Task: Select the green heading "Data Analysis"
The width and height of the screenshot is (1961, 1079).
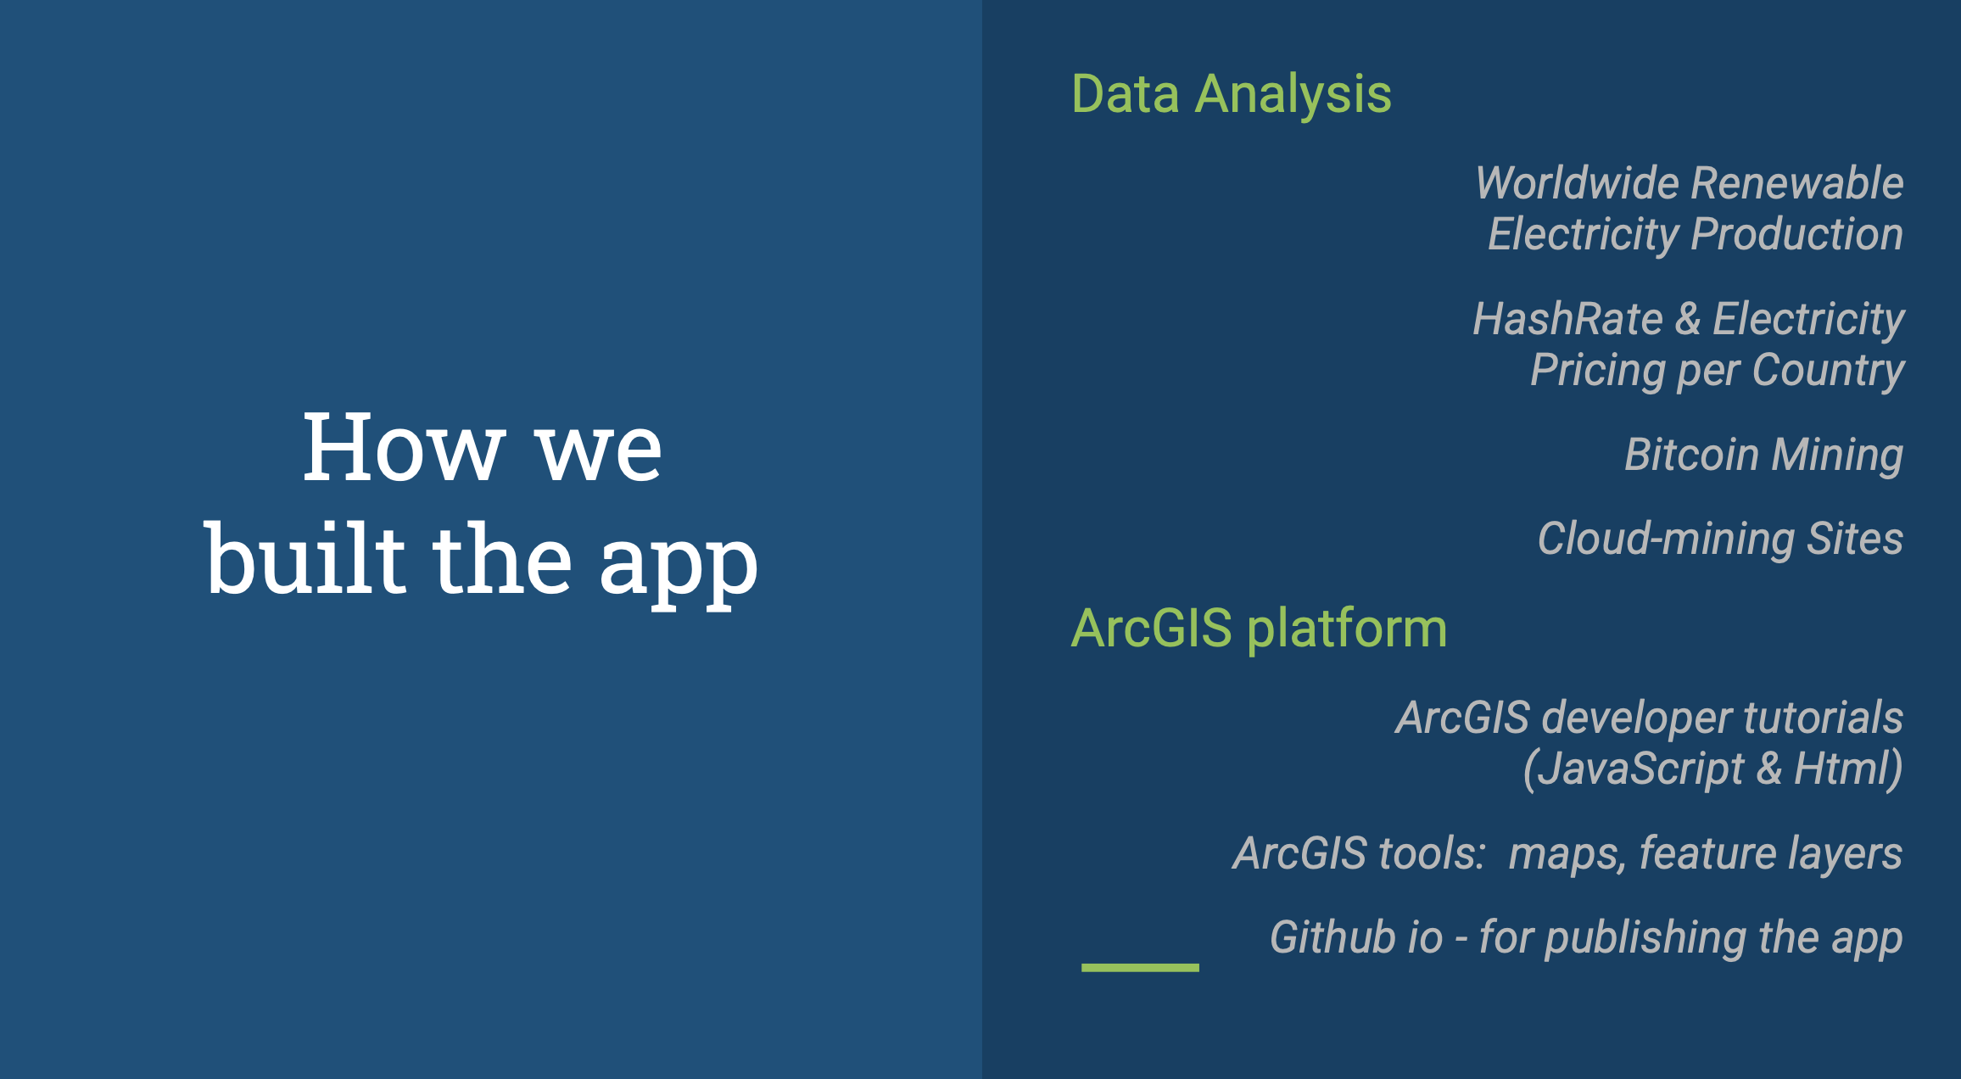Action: coord(1232,95)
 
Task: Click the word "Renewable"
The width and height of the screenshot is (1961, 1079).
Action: coord(1798,183)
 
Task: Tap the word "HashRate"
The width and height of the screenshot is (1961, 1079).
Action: coord(1567,319)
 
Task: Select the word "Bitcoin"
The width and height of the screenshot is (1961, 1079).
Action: coord(1691,455)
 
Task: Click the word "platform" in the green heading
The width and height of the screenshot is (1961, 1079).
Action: coord(1347,629)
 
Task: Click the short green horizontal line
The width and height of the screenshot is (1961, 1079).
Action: coord(1140,967)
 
